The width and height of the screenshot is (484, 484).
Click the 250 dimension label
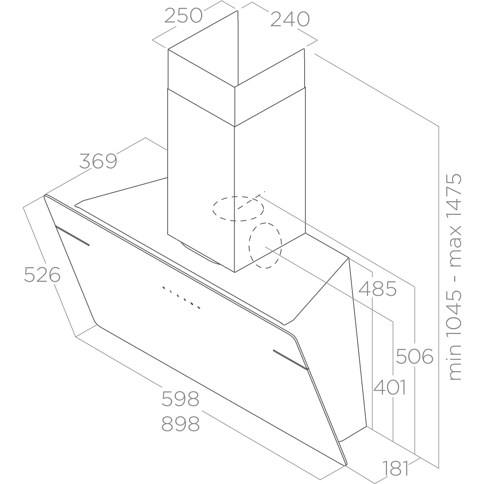point(184,16)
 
